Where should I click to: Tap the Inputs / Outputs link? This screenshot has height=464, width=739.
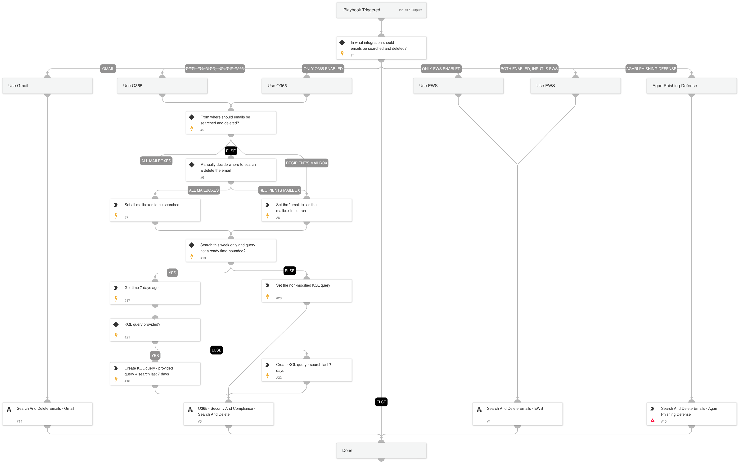tap(410, 10)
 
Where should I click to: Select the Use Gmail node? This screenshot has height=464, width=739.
tap(47, 86)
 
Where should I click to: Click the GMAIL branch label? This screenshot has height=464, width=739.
tap(108, 69)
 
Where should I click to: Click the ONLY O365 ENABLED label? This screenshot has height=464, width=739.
tap(323, 69)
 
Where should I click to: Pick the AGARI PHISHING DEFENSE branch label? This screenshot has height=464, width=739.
tap(651, 69)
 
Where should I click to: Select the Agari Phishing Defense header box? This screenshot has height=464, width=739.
tap(691, 86)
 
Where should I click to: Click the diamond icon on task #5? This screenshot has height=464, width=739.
tap(192, 117)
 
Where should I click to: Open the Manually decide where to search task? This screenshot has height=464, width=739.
tap(231, 170)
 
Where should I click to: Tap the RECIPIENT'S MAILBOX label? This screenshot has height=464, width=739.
tap(306, 163)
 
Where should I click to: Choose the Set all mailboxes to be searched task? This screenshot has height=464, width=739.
tap(155, 210)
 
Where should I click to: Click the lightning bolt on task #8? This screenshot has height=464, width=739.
tap(268, 216)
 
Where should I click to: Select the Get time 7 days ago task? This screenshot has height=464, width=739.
tap(155, 293)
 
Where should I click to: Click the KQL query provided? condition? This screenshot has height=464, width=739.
tap(155, 330)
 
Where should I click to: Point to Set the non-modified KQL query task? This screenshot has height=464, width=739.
tap(306, 291)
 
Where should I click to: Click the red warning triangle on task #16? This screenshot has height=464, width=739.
tap(653, 420)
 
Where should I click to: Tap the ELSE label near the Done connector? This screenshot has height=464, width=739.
tap(381, 402)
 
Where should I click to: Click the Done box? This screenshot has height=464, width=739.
tap(381, 450)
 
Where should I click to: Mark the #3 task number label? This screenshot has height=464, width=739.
tap(200, 421)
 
